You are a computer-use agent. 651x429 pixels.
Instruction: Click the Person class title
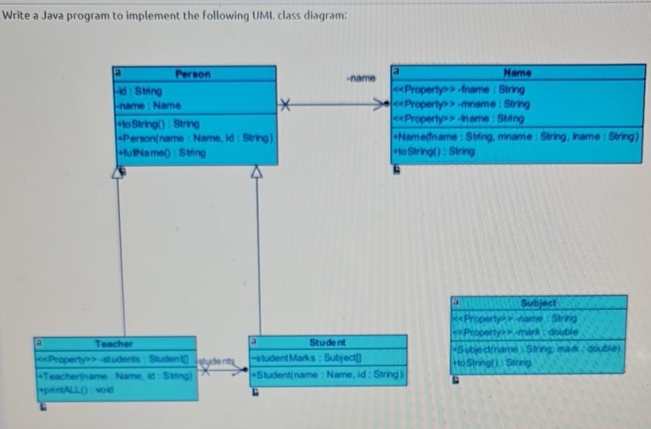(193, 74)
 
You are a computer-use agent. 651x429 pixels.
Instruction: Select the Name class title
(517, 73)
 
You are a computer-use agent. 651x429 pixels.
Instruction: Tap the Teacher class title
(114, 344)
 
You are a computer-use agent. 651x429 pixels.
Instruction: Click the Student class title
(328, 343)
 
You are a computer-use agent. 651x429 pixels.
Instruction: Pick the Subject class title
(539, 304)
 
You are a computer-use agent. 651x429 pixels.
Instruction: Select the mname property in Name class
(462, 104)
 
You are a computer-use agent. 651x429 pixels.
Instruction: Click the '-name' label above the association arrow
(360, 78)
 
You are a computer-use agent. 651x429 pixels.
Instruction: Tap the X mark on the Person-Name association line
(283, 106)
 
